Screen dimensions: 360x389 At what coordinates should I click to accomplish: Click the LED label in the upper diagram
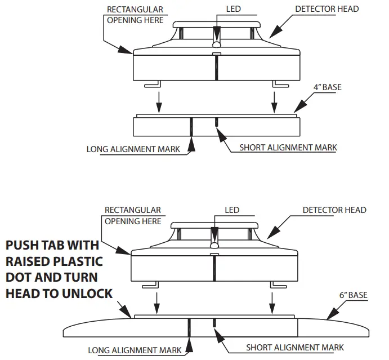coord(232,10)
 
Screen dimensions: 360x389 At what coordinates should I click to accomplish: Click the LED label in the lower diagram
coord(232,210)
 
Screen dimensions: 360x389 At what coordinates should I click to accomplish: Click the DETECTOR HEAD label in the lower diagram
coord(334,210)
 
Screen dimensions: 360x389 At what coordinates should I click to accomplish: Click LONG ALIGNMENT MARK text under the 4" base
coord(133,149)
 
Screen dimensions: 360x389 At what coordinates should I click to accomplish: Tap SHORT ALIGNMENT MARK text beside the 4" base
coord(288,148)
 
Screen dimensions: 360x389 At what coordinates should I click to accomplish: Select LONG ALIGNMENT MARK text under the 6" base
coord(135,350)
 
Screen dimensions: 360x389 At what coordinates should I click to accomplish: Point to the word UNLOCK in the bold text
coord(87,294)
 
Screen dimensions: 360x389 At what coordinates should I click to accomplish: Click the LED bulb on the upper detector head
coord(216,43)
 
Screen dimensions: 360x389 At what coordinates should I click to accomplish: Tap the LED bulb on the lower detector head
coord(214,244)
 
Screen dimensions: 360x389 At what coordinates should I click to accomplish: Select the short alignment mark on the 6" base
coord(214,323)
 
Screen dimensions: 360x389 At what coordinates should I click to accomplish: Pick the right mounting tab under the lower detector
coord(278,285)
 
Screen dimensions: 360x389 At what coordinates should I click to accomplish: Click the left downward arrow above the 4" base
coord(159,100)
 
